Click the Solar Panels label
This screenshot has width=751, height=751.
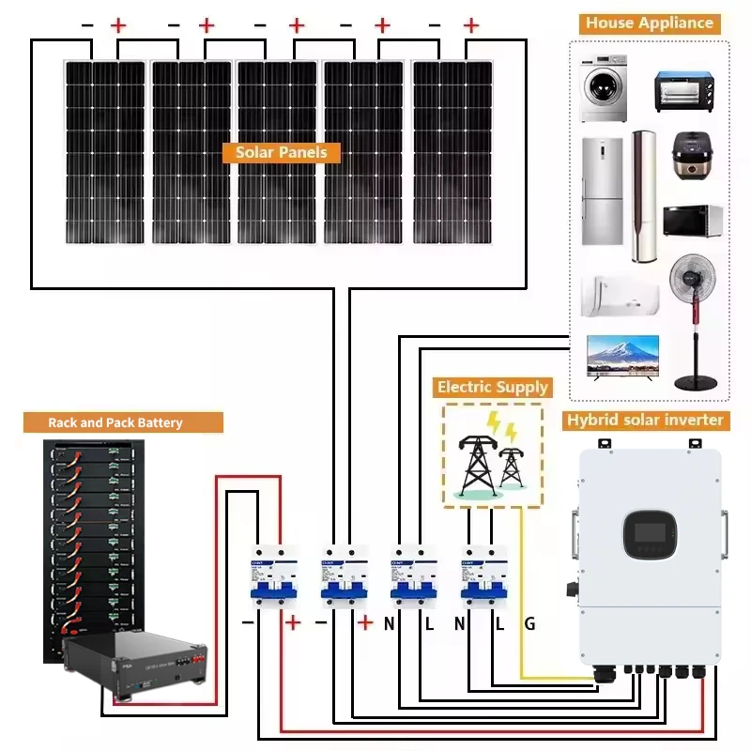282,152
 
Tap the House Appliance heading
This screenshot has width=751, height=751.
650,23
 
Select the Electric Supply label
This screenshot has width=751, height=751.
492,387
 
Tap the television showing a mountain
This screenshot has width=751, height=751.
621,356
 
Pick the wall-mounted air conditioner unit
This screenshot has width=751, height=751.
619,295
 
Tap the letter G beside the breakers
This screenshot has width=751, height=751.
529,623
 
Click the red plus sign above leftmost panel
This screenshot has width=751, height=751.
118,25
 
